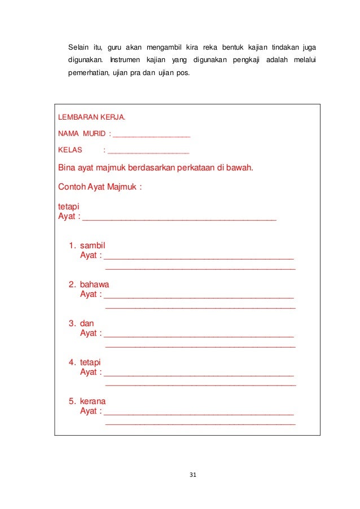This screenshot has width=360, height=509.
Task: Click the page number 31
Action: (x=192, y=475)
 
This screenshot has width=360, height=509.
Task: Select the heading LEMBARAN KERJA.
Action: (x=92, y=119)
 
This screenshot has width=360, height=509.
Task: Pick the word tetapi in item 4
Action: (x=92, y=362)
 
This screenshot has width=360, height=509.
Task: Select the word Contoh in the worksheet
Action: (x=72, y=186)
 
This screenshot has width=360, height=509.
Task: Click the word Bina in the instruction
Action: (x=67, y=168)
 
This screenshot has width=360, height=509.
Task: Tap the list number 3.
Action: (x=72, y=323)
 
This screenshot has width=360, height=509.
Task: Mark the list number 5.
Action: (x=72, y=401)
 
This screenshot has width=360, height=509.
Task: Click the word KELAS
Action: (x=71, y=151)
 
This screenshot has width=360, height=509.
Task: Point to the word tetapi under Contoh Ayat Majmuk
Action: (x=69, y=207)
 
